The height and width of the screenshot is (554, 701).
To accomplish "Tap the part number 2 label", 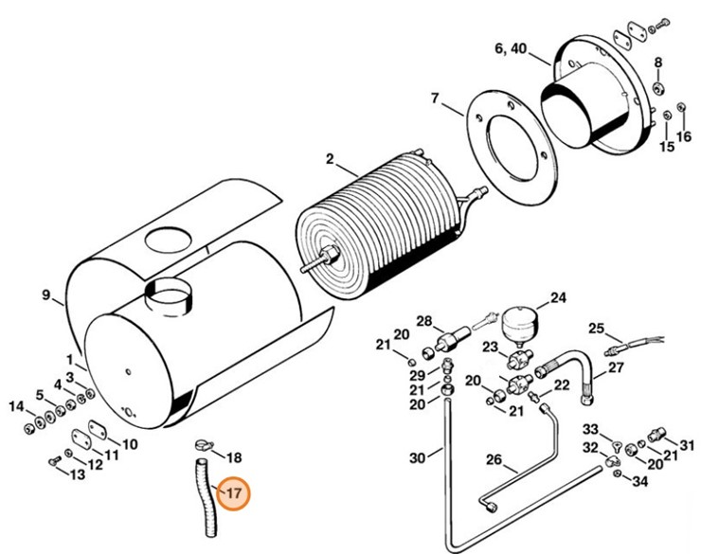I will (x=330, y=158).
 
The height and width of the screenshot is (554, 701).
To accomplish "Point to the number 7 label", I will (x=434, y=98).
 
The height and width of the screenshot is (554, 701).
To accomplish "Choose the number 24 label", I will (x=558, y=298).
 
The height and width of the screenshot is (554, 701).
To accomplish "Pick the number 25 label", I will (x=596, y=329).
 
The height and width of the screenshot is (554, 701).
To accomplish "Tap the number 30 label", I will (x=417, y=458).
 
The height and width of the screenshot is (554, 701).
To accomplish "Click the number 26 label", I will (x=493, y=459).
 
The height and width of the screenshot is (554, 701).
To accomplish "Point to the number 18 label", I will (x=234, y=457).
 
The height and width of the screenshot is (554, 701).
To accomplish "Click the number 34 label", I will (x=639, y=483).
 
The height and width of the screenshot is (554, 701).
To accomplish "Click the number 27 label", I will (x=615, y=367).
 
